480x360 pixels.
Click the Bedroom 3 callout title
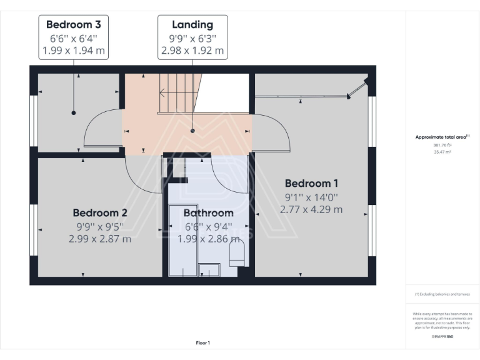[x=74, y=25]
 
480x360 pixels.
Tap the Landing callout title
[x=192, y=25]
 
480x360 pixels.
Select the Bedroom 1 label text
[x=311, y=183]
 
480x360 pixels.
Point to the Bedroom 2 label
[x=100, y=212]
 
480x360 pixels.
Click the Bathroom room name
[x=208, y=213]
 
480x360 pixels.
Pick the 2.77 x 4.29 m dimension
[x=311, y=209]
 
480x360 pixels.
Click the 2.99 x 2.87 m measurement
[x=100, y=238]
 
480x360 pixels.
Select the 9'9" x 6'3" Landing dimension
[x=192, y=38]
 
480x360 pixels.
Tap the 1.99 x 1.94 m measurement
[x=74, y=51]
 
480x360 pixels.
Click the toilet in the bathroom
[x=237, y=253]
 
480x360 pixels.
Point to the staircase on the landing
[x=177, y=94]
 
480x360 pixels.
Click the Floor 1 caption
[x=202, y=342]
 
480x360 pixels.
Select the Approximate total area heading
[x=442, y=137]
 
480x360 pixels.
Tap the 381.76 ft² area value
[x=442, y=144]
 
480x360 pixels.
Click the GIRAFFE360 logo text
[x=442, y=336]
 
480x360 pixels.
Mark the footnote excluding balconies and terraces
[x=442, y=294]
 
